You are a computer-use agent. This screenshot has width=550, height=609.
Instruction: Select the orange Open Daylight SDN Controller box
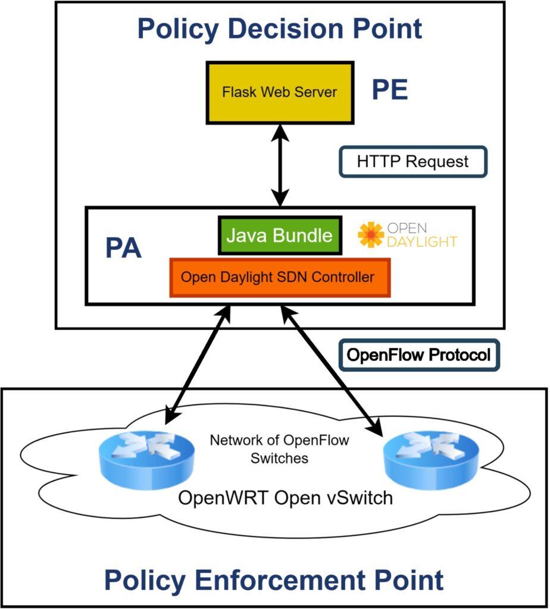(x=280, y=277)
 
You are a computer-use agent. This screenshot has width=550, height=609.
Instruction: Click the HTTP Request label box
(x=413, y=161)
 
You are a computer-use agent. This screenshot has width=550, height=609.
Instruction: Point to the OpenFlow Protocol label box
(x=418, y=356)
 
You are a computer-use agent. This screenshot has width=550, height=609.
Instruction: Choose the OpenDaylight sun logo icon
(x=371, y=235)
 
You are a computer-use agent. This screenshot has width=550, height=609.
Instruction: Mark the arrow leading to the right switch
(x=332, y=368)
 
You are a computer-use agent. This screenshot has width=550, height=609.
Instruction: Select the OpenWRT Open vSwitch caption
(x=286, y=497)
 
